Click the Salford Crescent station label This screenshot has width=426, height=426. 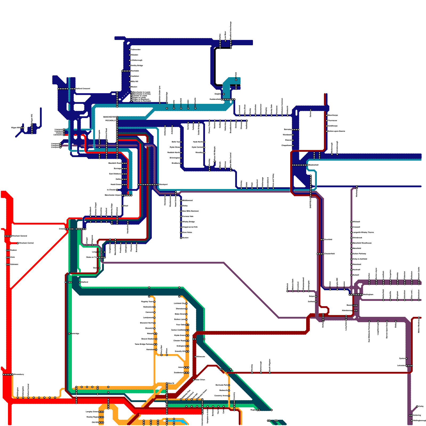point(83,89)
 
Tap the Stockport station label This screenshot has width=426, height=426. point(163,185)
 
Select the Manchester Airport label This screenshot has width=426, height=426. point(113,195)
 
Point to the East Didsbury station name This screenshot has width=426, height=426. point(115,174)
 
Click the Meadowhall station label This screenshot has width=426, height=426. point(313,165)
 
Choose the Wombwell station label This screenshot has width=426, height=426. point(287,135)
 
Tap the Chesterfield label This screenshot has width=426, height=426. point(329,254)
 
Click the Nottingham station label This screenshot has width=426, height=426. point(368,295)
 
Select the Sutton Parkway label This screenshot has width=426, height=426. point(359,254)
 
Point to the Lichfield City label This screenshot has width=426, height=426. point(179,304)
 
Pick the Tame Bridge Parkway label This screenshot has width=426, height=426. point(144,344)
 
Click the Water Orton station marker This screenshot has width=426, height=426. point(194,380)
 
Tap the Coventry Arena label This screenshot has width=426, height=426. point(221,396)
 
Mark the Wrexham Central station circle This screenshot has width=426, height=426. point(18,243)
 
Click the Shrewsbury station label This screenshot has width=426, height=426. point(19,375)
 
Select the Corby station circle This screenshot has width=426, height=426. point(417,407)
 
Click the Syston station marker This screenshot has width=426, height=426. point(407,359)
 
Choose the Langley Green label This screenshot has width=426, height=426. point(92,412)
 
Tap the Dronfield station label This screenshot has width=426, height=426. point(328,240)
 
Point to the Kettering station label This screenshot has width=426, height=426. point(417,415)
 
